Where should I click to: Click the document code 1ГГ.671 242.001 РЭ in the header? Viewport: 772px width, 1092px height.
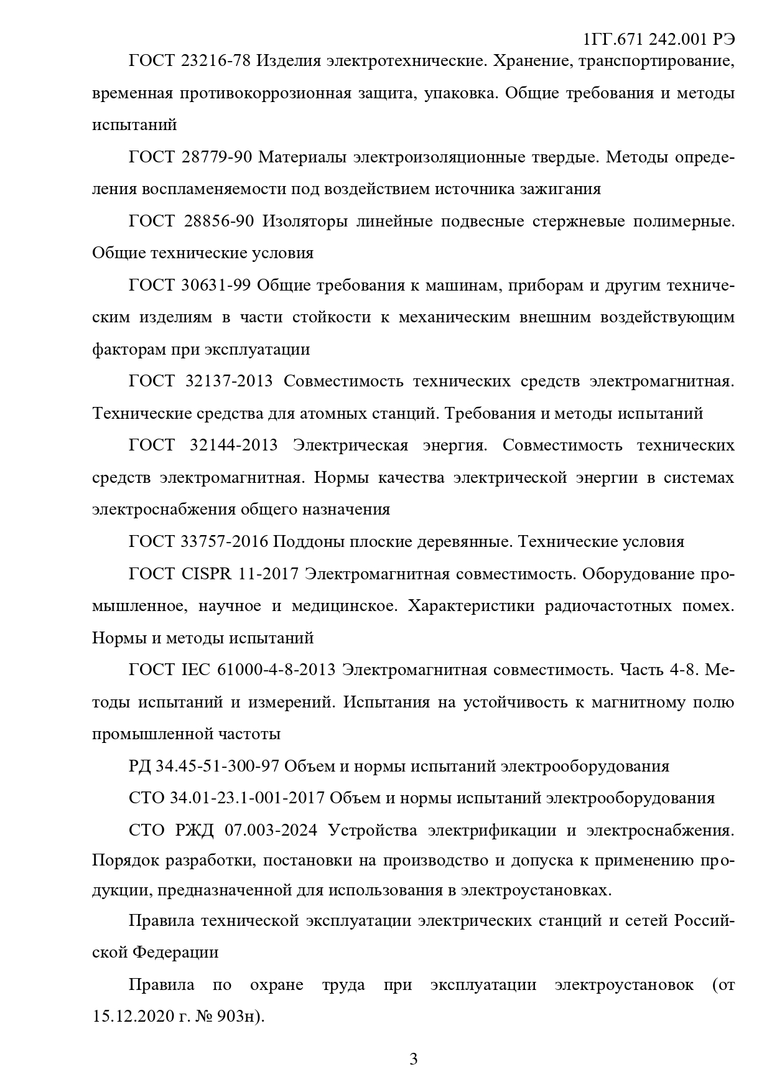click(x=659, y=40)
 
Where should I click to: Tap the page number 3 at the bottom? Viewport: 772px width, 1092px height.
click(x=414, y=1058)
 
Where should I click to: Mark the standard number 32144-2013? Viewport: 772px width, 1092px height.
click(x=231, y=446)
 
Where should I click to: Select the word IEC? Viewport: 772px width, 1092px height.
click(x=197, y=670)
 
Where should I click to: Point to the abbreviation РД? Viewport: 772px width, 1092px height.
click(x=139, y=766)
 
